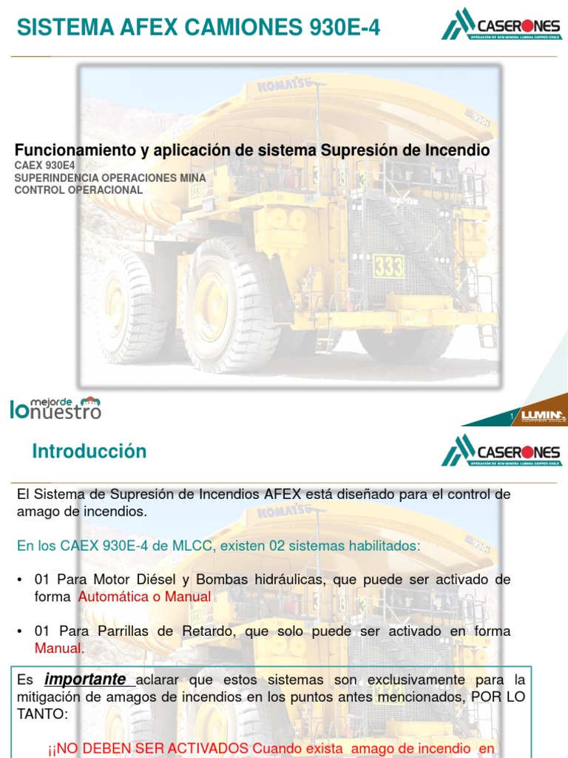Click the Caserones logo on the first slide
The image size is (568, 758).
501,24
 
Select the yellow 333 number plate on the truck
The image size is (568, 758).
388,265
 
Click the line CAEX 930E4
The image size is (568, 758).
44,166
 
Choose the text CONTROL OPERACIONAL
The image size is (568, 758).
78,189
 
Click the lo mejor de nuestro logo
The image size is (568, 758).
55,406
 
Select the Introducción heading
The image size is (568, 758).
89,451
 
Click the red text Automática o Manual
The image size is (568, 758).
144,597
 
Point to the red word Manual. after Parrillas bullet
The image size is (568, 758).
60,648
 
